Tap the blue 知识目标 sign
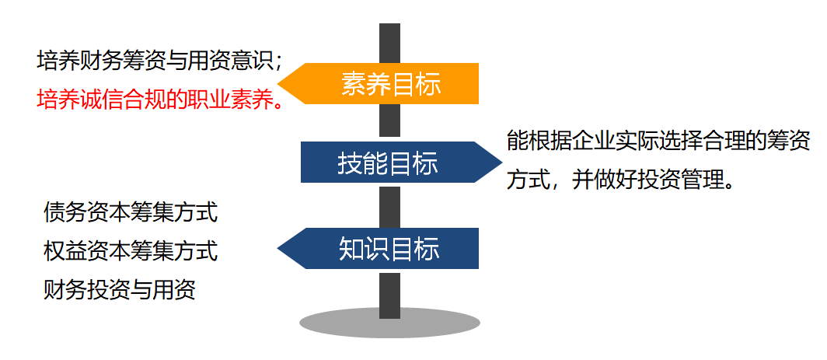pyautogui.click(x=389, y=248)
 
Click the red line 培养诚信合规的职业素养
pyautogui.click(x=159, y=100)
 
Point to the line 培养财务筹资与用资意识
pyautogui.click(x=159, y=60)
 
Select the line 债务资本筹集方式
pyautogui.click(x=131, y=211)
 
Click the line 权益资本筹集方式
pyautogui.click(x=131, y=251)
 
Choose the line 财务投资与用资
pyautogui.click(x=120, y=291)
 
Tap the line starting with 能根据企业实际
pyautogui.click(x=658, y=142)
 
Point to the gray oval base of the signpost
pyautogui.click(x=389, y=323)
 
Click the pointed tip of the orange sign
pyautogui.click(x=282, y=83)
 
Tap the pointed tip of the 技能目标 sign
pyautogui.click(x=500, y=162)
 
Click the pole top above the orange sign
pyautogui.click(x=389, y=43)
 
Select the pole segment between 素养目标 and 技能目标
pyautogui.click(x=389, y=123)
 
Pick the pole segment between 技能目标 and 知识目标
pyautogui.click(x=389, y=205)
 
